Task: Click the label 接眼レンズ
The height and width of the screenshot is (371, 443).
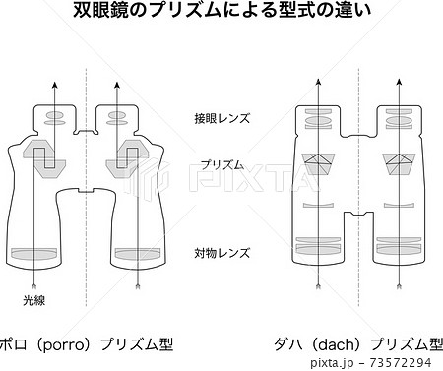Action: click(222, 118)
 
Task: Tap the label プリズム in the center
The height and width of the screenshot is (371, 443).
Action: click(222, 164)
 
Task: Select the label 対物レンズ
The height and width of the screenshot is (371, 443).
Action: click(222, 253)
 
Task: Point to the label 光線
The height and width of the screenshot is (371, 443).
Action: click(33, 300)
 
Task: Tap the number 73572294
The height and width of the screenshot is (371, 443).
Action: click(400, 362)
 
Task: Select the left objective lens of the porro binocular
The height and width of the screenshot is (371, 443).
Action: click(34, 253)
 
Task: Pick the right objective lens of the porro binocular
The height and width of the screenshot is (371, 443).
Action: click(138, 253)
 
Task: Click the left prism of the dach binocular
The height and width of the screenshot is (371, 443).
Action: click(318, 164)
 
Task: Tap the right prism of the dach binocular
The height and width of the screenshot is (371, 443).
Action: click(399, 164)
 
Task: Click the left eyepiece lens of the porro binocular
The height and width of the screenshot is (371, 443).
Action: click(54, 118)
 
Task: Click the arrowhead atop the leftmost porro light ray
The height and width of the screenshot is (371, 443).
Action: click(55, 85)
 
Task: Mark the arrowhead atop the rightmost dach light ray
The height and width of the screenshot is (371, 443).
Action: click(399, 82)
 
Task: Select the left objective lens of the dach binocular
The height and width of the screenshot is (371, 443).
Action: click(318, 245)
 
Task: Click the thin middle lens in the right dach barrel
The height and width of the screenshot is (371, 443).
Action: click(399, 206)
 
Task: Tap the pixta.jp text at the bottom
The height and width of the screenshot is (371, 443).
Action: click(332, 363)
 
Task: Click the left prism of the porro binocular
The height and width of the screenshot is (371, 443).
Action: click(44, 159)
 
